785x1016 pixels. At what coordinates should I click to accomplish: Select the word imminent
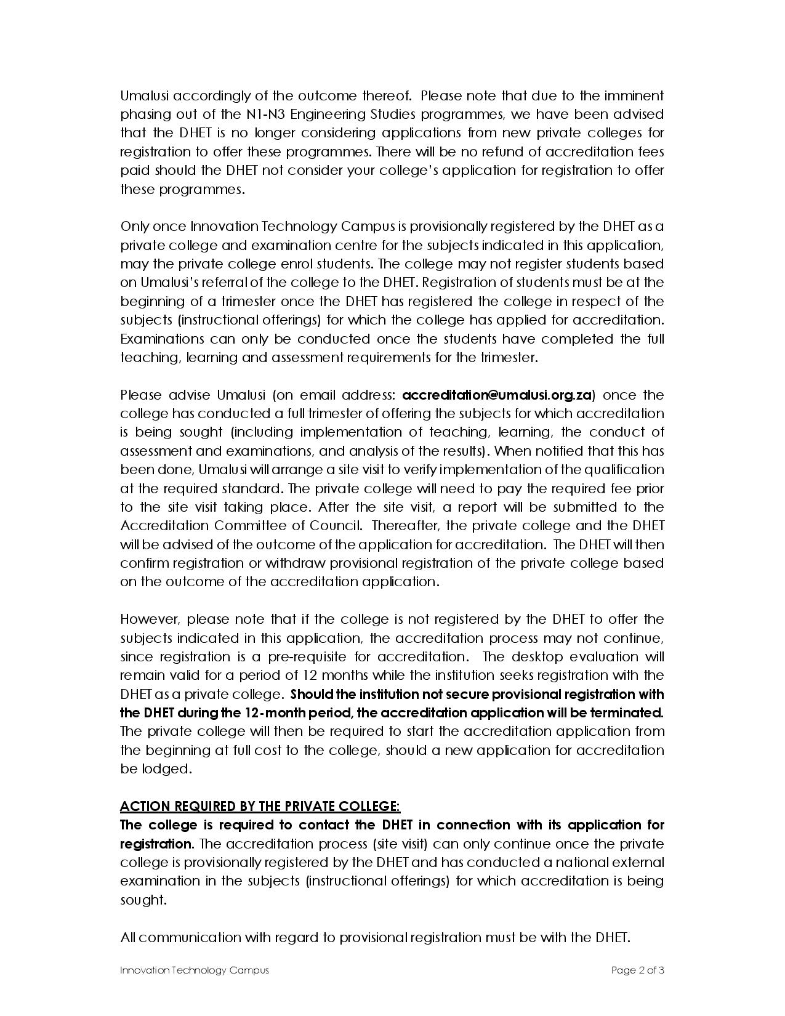(x=634, y=96)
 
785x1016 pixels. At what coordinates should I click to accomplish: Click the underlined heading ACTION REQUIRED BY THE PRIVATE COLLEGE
(x=260, y=806)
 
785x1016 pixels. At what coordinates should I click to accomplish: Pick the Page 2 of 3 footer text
(x=637, y=970)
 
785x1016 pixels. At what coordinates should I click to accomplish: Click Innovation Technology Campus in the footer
(x=195, y=970)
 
